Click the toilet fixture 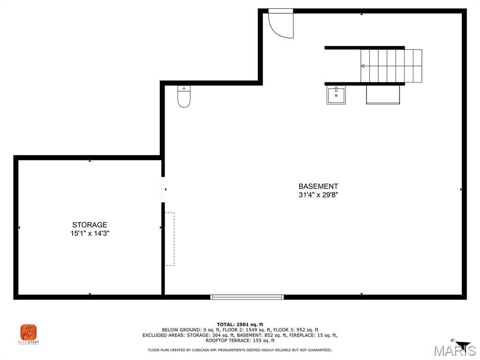184,96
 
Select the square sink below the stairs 336,95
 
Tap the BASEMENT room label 318,186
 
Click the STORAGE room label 90,225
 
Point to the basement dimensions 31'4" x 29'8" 318,195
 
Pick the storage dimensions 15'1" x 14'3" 90,233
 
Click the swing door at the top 281,23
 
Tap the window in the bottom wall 247,297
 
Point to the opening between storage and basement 163,189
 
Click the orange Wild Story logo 29,332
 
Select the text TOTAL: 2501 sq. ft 240,324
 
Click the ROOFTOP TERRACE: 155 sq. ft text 240,340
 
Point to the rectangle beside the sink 383,95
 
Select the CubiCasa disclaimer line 240,350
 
